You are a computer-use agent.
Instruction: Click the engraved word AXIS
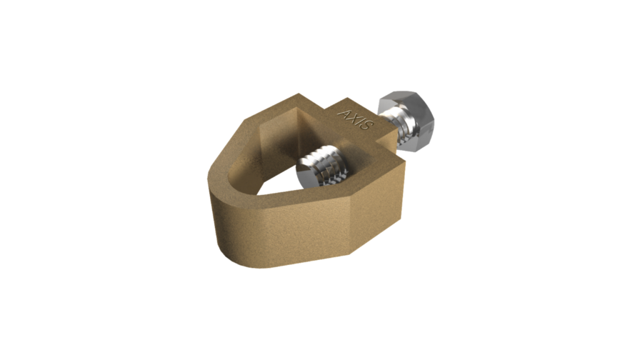[x=356, y=119]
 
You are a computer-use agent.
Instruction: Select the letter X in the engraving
[x=352, y=117]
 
